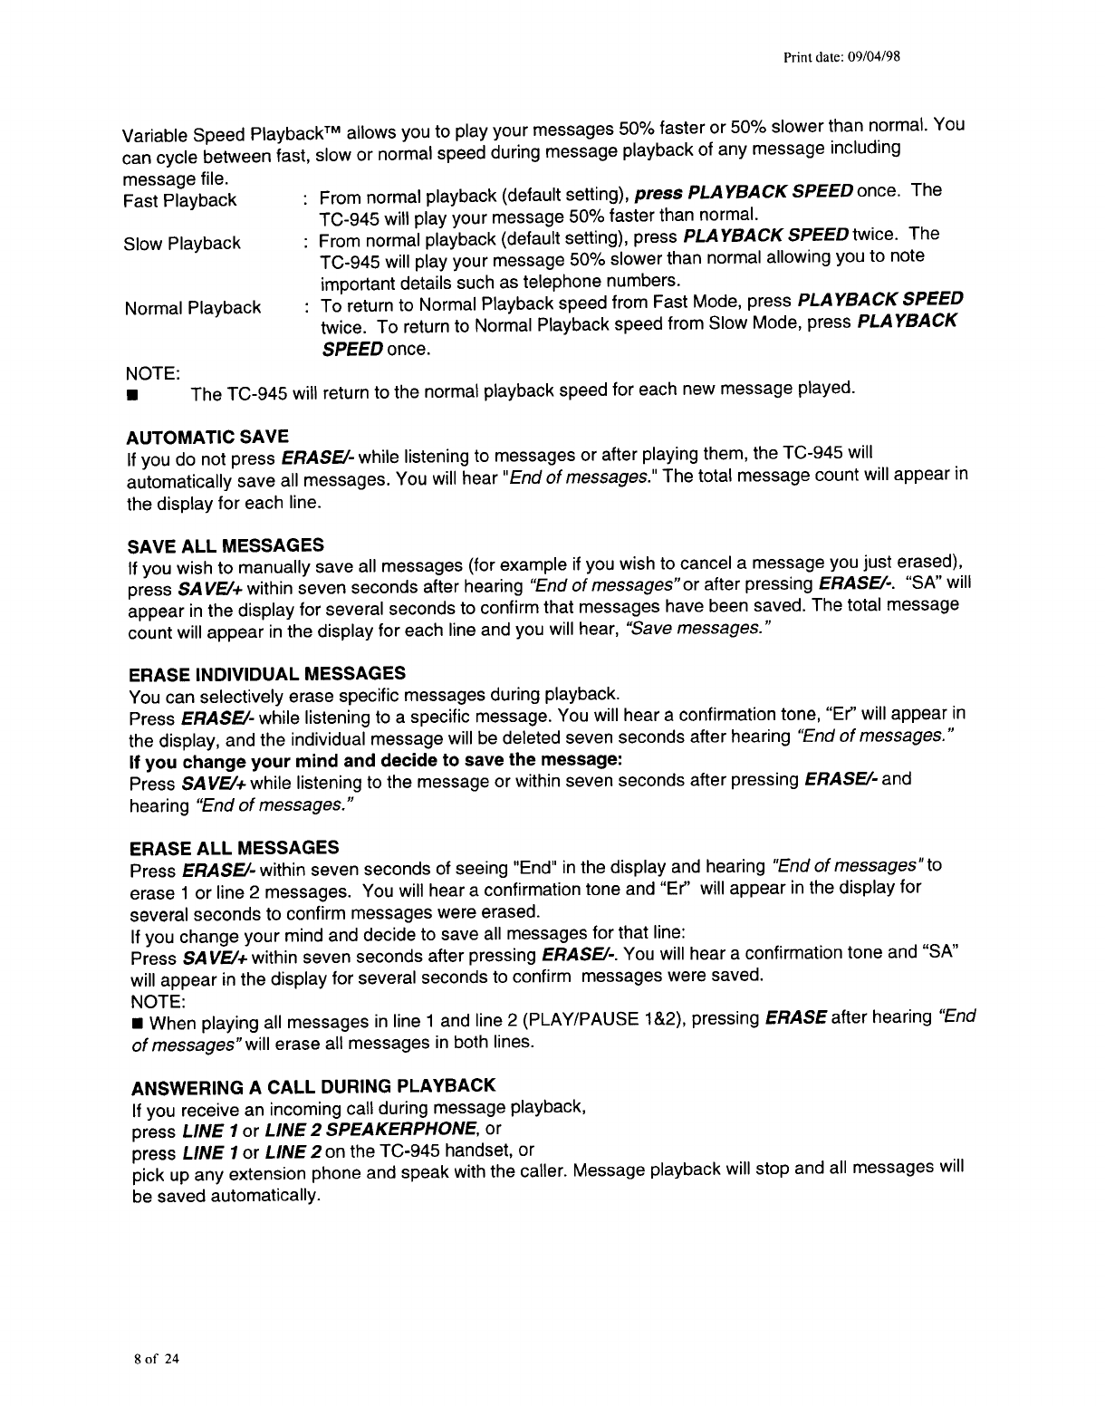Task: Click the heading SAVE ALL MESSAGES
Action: point(226,545)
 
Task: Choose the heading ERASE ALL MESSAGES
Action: point(235,848)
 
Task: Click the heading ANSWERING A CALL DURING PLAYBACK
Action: point(313,1086)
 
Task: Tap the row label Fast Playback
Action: point(180,200)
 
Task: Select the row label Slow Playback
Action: point(182,244)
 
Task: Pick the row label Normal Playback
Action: point(193,308)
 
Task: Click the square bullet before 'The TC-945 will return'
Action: point(132,396)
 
